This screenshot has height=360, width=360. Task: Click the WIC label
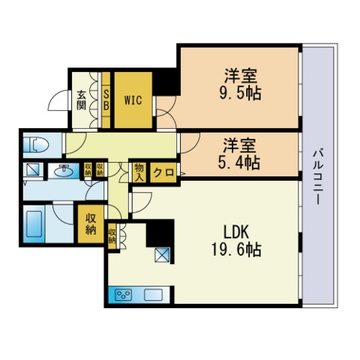pyautogui.click(x=133, y=98)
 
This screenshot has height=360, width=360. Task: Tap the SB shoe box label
pyautogui.click(x=106, y=99)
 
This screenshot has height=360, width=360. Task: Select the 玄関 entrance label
pyautogui.click(x=81, y=99)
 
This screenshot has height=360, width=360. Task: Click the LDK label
pyautogui.click(x=234, y=232)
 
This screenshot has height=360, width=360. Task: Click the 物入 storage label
pyautogui.click(x=139, y=172)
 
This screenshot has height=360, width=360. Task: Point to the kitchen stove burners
pyautogui.click(x=124, y=294)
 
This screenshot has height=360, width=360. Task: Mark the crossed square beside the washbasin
pyautogui.click(x=34, y=170)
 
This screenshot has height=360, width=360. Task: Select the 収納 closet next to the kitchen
pyautogui.click(x=112, y=236)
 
